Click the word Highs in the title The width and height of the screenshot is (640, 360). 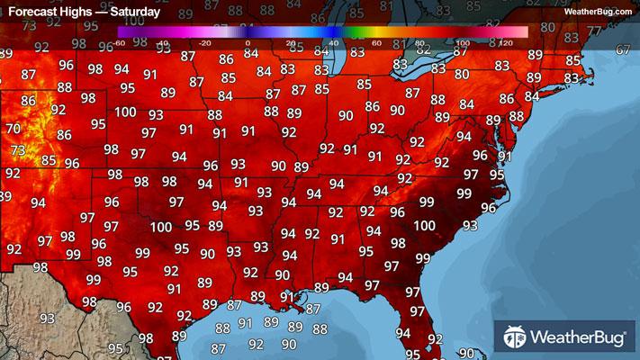pyautogui.click(x=85, y=13)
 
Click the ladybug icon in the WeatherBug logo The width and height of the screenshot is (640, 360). pyautogui.click(x=516, y=338)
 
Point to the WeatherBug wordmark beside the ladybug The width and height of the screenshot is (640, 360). pyautogui.click(x=578, y=339)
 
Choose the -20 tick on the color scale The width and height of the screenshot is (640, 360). pyautogui.click(x=206, y=41)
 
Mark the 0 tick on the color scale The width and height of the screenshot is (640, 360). pyautogui.click(x=248, y=41)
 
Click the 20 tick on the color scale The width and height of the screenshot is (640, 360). pyautogui.click(x=291, y=41)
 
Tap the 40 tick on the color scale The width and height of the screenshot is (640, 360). pyautogui.click(x=333, y=41)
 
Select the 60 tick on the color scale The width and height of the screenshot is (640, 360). pyautogui.click(x=376, y=41)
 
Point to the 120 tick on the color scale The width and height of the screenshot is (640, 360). pyautogui.click(x=504, y=41)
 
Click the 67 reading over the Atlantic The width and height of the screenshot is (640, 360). pyautogui.click(x=623, y=49)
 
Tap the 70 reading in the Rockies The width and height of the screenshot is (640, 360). pyautogui.click(x=13, y=129)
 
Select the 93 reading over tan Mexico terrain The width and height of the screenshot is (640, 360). pyautogui.click(x=47, y=319)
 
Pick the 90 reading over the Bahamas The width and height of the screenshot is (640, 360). pyautogui.click(x=466, y=354)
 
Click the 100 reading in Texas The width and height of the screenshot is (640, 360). pyautogui.click(x=161, y=228)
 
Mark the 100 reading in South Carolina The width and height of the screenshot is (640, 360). pyautogui.click(x=424, y=226)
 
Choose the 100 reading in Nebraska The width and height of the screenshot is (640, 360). pyautogui.click(x=125, y=112)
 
